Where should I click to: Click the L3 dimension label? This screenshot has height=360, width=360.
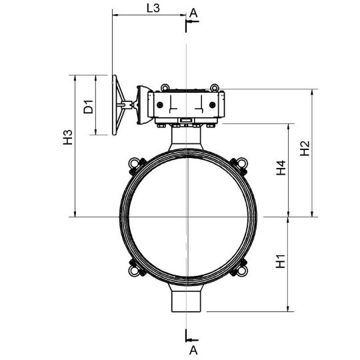(x=153, y=8)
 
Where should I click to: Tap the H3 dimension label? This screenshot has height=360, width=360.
(x=68, y=137)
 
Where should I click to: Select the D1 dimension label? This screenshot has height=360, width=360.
(x=89, y=107)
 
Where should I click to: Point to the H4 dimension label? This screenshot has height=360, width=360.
(x=281, y=168)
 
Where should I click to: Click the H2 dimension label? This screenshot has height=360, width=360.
(x=305, y=148)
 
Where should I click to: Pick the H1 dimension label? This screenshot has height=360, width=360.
(x=281, y=261)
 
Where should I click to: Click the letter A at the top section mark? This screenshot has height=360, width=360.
(x=193, y=13)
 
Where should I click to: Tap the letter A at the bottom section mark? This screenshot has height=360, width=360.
(x=193, y=351)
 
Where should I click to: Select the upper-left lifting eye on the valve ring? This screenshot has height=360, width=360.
(x=133, y=163)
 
